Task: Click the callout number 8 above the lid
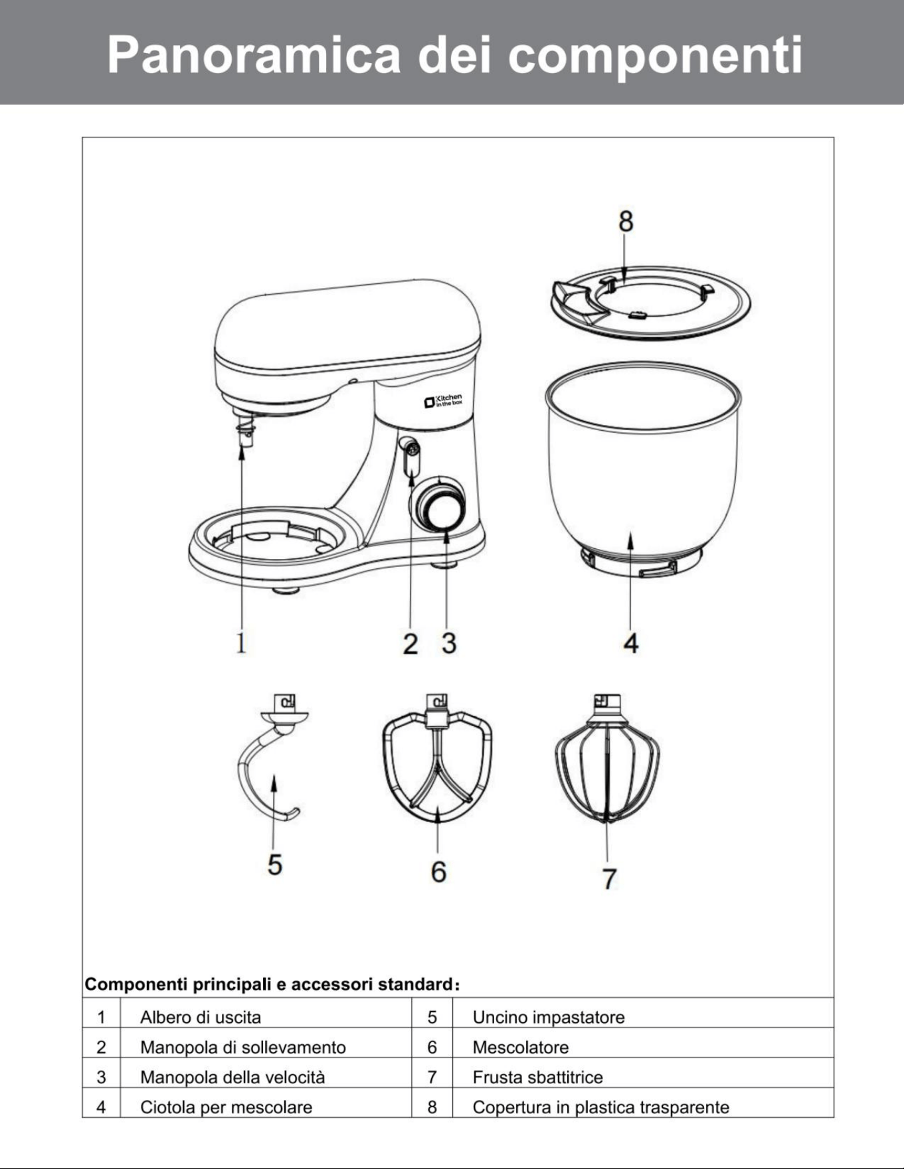pyautogui.click(x=626, y=221)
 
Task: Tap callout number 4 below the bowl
pyautogui.click(x=630, y=643)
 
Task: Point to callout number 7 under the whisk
pyautogui.click(x=609, y=878)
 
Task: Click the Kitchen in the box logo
pyautogui.click(x=443, y=401)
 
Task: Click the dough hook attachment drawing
pyautogui.click(x=273, y=759)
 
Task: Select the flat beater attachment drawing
pyautogui.click(x=438, y=759)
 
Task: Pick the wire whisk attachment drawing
pyautogui.click(x=606, y=759)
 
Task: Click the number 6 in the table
pyautogui.click(x=432, y=1047)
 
